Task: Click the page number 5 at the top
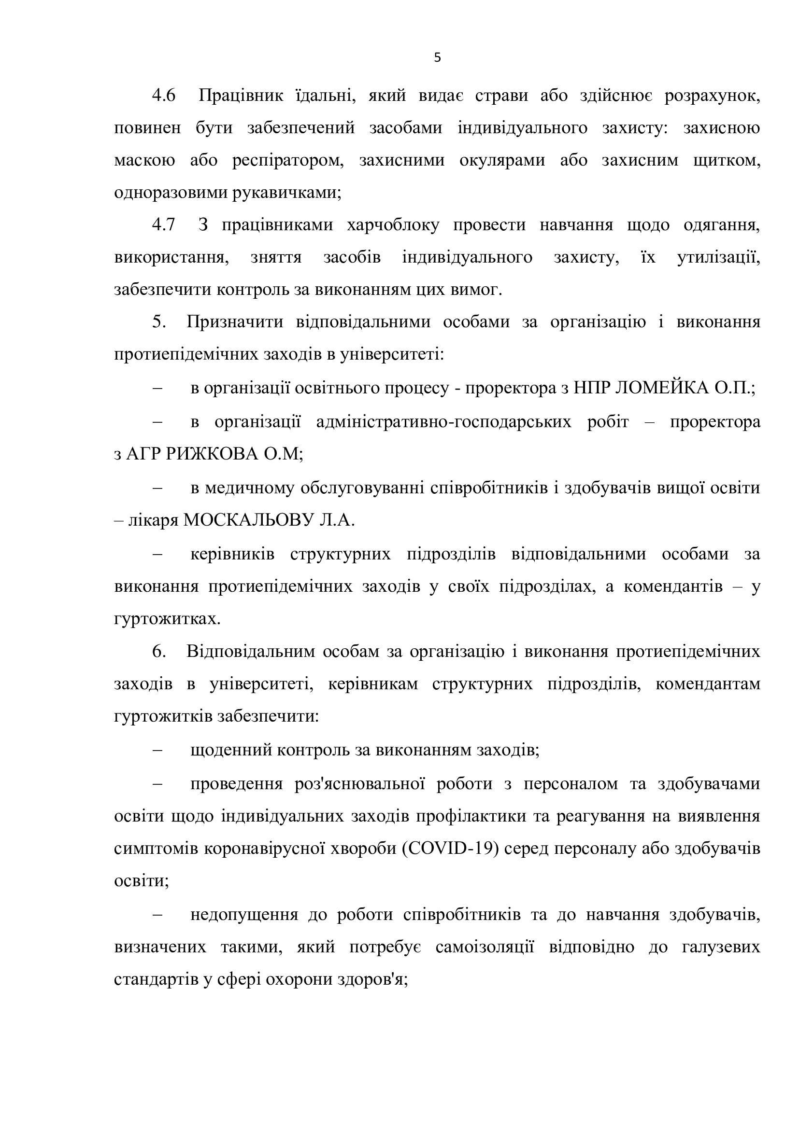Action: point(437,58)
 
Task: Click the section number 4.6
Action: point(163,96)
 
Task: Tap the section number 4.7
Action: point(163,225)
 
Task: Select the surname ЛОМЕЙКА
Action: point(659,389)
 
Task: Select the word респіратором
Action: point(288,160)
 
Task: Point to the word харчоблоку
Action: point(393,225)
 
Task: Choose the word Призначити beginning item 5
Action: point(235,322)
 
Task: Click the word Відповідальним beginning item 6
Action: point(250,652)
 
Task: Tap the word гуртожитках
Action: point(167,619)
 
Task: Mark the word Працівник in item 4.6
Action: point(241,96)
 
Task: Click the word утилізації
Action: point(718,257)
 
